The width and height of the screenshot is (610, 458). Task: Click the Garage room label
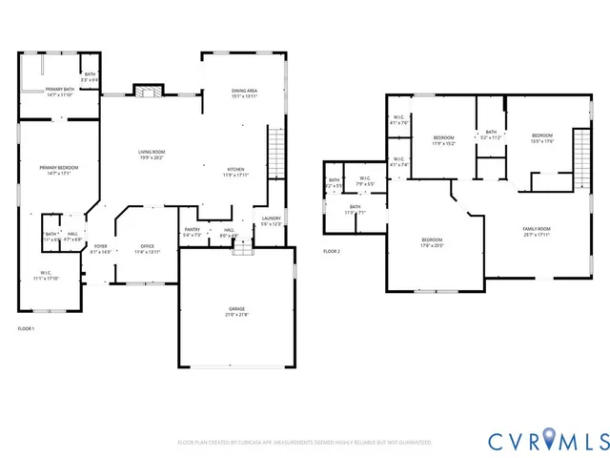236,311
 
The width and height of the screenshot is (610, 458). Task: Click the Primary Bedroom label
59,171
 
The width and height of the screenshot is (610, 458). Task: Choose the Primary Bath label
59,92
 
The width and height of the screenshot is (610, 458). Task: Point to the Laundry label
272,221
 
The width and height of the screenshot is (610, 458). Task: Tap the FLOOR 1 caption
26,328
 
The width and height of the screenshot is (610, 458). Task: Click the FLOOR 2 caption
331,251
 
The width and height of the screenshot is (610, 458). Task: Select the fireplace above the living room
145,92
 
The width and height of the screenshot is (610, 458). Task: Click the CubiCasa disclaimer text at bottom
304,443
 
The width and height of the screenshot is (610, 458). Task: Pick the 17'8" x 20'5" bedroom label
432,242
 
